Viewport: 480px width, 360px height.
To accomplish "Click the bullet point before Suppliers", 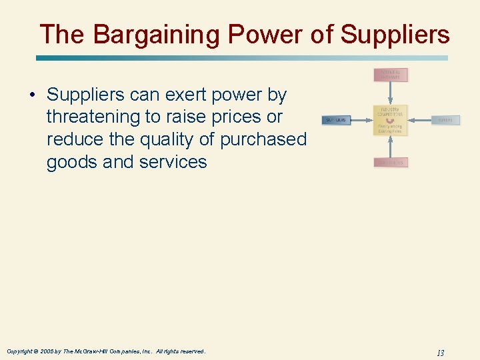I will pyautogui.click(x=32, y=95).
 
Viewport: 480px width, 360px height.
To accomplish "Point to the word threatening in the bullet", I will pyautogui.click(x=93, y=117).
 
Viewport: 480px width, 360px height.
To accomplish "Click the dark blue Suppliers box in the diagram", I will pyautogui.click(x=336, y=120).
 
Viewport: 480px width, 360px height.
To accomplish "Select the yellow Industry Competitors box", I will pyautogui.click(x=391, y=120).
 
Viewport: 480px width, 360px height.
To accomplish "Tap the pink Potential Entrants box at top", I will pyautogui.click(x=391, y=75).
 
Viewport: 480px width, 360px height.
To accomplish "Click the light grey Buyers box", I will pyautogui.click(x=445, y=120).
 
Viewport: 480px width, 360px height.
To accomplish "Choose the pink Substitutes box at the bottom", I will pyautogui.click(x=391, y=162).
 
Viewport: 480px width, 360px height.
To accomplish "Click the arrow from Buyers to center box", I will pyautogui.click(x=420, y=120).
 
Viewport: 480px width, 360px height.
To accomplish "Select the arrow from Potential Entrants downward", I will pyautogui.click(x=391, y=93).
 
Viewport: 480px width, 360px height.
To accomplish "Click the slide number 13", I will pyautogui.click(x=440, y=353).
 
